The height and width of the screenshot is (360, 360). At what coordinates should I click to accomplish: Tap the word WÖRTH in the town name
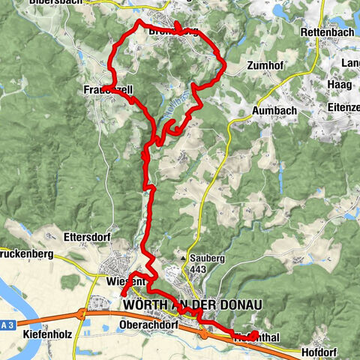[147, 307]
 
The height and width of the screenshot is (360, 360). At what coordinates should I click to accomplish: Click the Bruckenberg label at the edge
[27, 254]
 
